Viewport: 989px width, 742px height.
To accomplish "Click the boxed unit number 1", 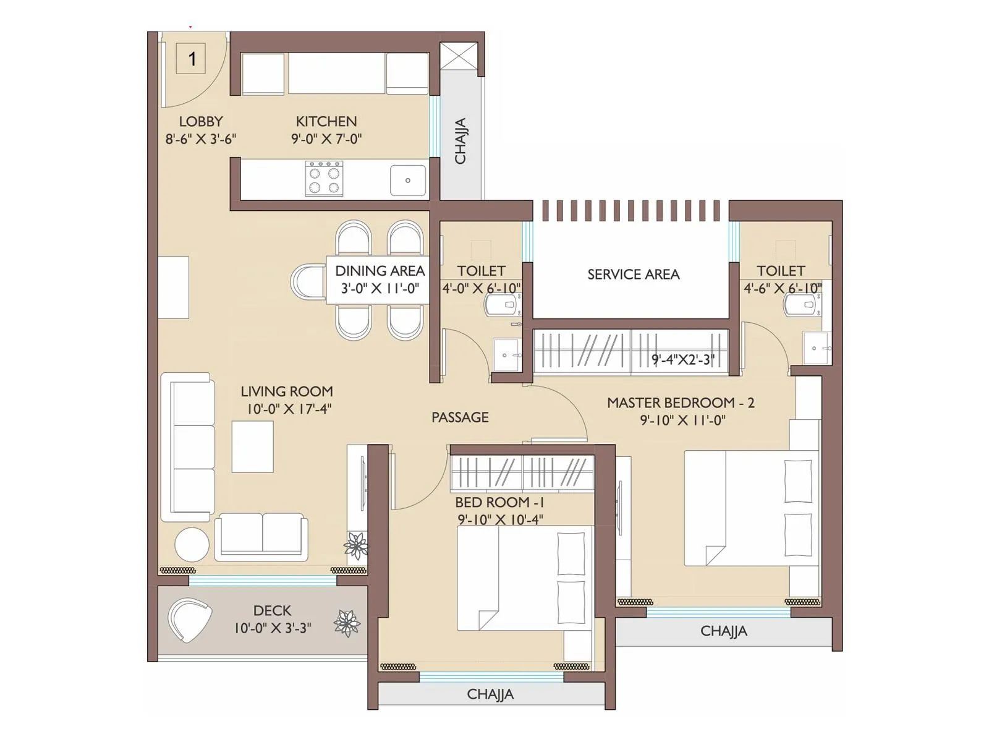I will [191, 59].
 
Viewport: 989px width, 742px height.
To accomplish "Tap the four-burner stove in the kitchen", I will [324, 179].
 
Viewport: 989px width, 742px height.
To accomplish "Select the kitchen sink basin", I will [408, 180].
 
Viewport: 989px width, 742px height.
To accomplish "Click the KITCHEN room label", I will [326, 121].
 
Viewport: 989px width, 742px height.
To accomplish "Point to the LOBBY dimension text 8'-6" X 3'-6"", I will [200, 139].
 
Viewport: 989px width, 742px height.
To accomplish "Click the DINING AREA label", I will [380, 271].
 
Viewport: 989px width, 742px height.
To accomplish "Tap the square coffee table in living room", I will [252, 446].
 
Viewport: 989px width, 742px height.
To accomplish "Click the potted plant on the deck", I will [347, 623].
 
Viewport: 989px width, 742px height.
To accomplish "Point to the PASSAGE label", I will [460, 417].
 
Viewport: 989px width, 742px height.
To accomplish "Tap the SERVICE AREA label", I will [633, 275].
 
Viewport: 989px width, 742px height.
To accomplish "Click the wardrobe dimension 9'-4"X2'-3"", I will [682, 360].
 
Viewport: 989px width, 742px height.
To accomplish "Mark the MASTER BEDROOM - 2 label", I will [681, 403].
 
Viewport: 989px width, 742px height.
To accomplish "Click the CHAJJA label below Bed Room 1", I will [490, 694].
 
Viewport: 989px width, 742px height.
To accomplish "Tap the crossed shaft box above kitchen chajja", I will [459, 55].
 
